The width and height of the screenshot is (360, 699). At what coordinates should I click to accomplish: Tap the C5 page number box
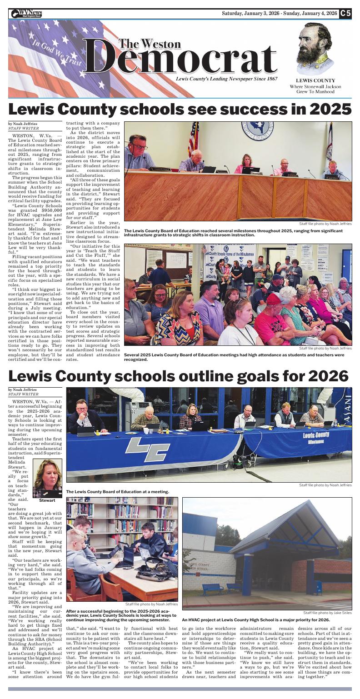tap(345, 13)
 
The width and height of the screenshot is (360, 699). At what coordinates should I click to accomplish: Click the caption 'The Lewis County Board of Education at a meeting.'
tap(117, 492)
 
